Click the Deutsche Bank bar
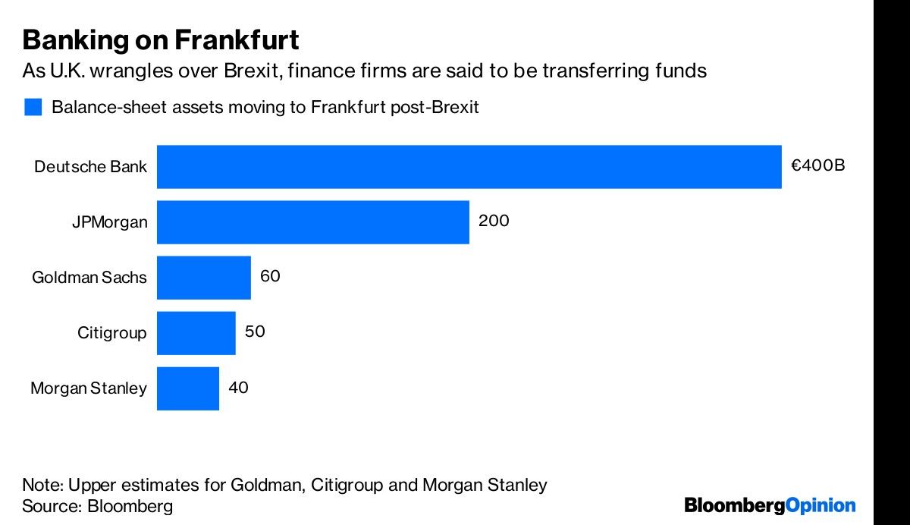pos(469,166)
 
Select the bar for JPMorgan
pos(312,222)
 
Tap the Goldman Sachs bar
pos(203,278)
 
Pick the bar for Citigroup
pos(196,332)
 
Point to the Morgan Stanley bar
pos(187,388)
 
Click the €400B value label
pos(817,165)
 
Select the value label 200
pos(494,221)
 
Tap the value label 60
pos(270,276)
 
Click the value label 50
pos(255,332)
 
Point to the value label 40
pos(238,388)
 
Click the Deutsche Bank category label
pos(90,167)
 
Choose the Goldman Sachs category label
pos(89,278)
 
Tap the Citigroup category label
pos(111,333)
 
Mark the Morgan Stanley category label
pos(88,388)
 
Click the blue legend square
pos(33,107)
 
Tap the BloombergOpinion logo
pos(770,505)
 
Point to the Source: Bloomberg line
pos(98,506)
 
